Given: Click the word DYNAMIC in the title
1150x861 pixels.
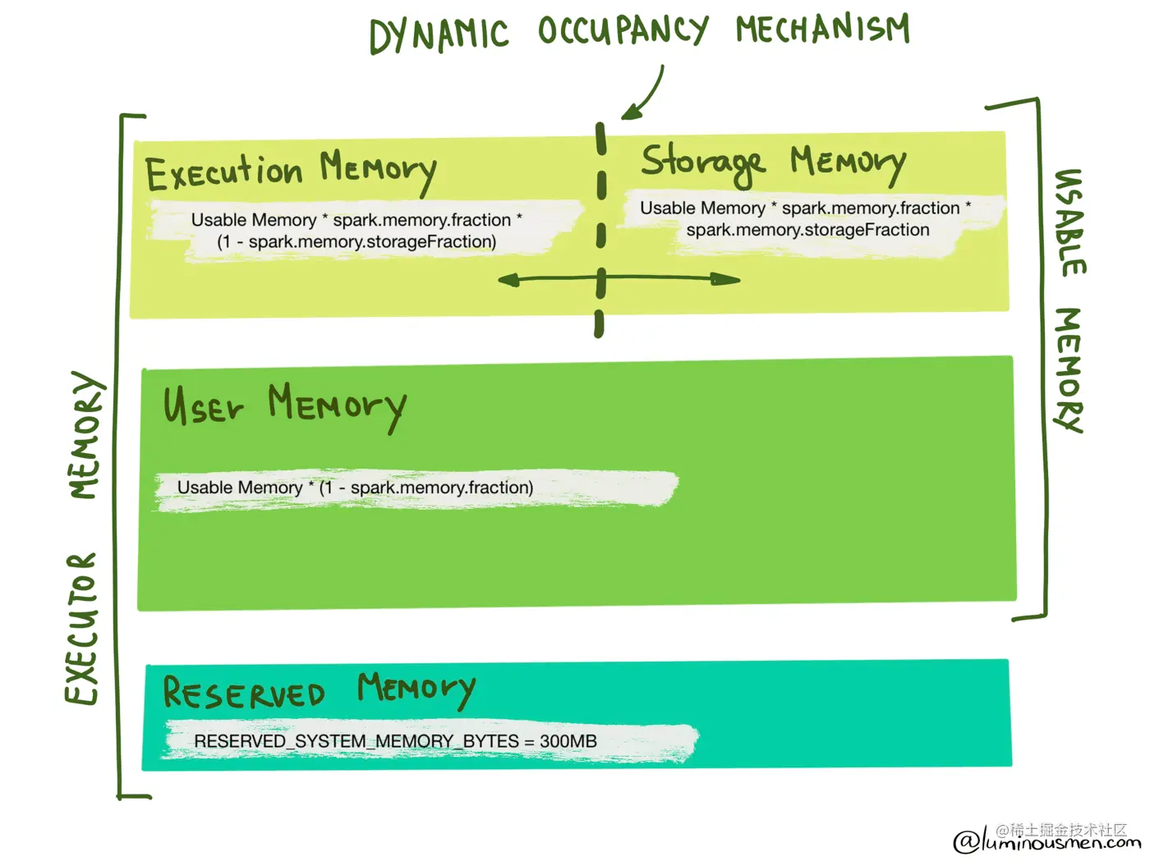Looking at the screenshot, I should (439, 36).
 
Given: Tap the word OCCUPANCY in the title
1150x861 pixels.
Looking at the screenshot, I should (622, 31).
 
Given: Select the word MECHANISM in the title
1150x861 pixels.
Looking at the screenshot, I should (822, 29).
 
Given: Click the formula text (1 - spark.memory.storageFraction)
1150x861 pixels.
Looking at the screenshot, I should (356, 242).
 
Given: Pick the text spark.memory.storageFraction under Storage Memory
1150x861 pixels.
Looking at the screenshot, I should (807, 231).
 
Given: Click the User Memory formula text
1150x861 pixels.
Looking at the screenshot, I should (355, 488).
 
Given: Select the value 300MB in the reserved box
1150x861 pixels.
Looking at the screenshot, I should (568, 741).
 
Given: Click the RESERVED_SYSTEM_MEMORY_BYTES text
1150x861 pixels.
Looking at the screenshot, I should (356, 741).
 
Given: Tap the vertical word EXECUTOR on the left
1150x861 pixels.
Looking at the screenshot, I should (82, 629).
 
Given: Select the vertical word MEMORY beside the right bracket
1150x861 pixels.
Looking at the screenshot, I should (1069, 369).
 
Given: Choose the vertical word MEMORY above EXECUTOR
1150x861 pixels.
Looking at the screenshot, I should (85, 435).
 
